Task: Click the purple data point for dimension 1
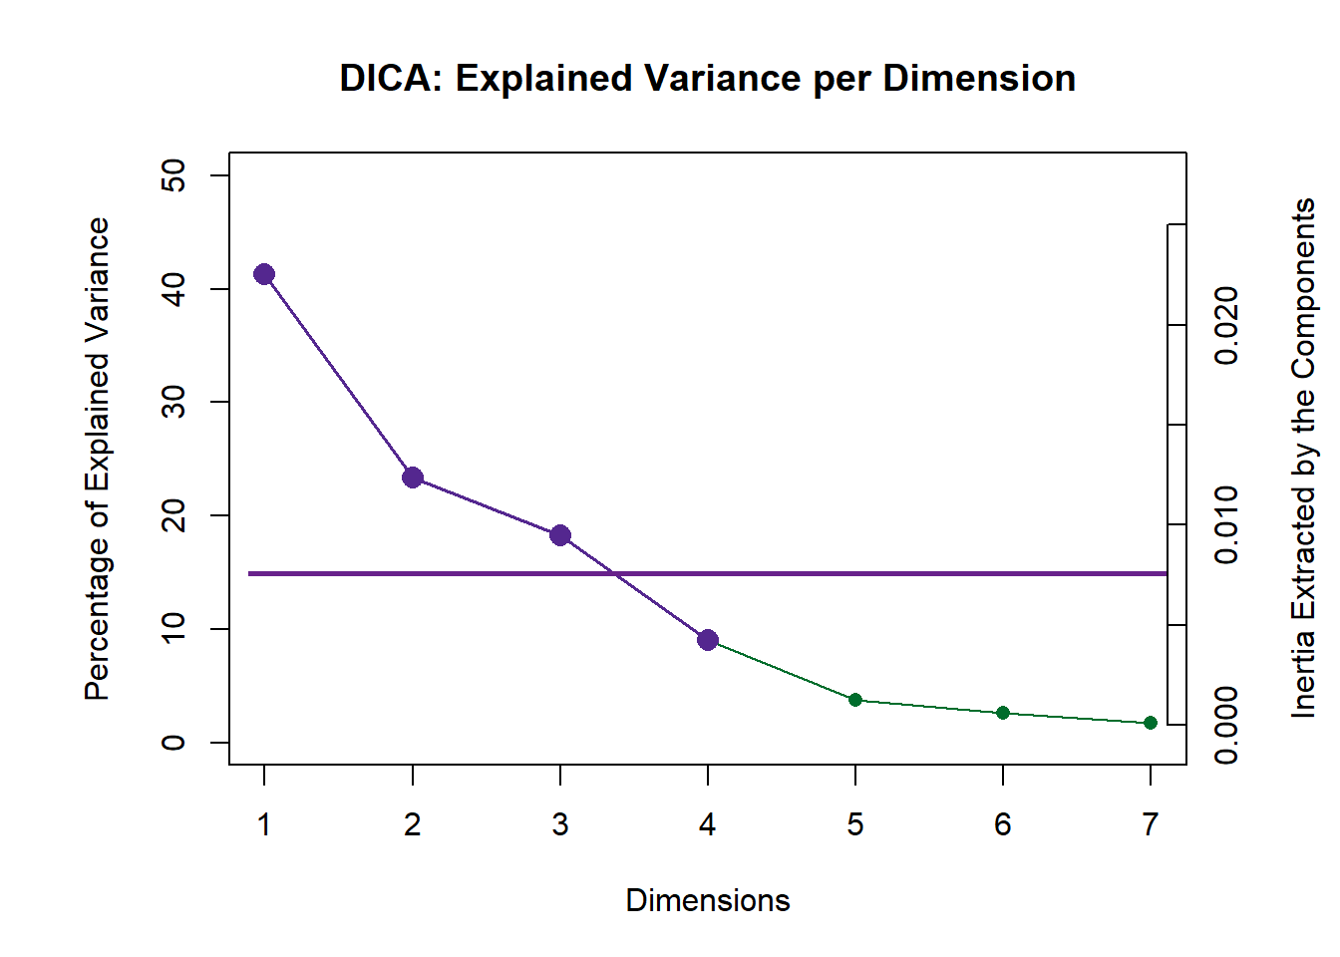point(264,274)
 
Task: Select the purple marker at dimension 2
point(413,478)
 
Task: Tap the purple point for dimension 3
point(560,535)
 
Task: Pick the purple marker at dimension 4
point(708,640)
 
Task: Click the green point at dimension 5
point(855,700)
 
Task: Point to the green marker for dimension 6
point(1003,713)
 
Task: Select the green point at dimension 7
point(1151,723)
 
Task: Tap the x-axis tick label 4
point(708,824)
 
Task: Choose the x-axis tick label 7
point(1151,824)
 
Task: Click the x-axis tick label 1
point(264,824)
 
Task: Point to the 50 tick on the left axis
point(173,175)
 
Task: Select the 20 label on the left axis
point(173,515)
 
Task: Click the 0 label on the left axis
point(173,743)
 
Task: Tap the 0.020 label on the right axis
point(1227,325)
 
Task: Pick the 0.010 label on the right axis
point(1227,524)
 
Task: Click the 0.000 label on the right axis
point(1227,725)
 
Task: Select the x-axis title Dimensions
point(708,900)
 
